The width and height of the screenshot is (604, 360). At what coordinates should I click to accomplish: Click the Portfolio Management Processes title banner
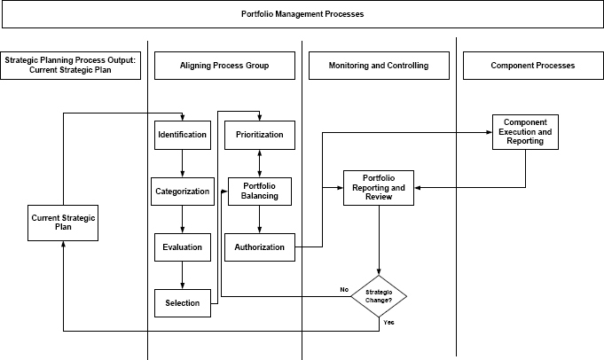point(302,15)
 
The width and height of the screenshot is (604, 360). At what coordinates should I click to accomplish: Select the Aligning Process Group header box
point(224,66)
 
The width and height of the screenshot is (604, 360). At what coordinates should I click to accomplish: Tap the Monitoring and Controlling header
point(378,66)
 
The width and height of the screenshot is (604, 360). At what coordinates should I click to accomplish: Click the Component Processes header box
point(532,66)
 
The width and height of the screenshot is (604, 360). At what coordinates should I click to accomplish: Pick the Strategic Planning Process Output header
point(70,66)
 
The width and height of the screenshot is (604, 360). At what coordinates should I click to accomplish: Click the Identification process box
point(182,135)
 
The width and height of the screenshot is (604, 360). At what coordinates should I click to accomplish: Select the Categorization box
point(182,191)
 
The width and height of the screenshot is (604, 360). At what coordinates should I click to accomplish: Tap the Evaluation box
point(182,247)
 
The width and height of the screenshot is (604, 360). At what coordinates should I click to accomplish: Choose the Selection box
point(182,303)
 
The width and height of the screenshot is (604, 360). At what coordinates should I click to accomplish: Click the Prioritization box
point(259,135)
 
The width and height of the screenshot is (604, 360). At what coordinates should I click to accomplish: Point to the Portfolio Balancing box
point(259,191)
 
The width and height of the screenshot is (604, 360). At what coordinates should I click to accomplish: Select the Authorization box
point(259,247)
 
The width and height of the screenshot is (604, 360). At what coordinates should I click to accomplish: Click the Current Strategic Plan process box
point(63,223)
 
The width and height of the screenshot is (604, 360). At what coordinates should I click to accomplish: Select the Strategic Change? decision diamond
point(379,296)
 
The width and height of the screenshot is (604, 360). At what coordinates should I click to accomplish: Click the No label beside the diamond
point(344,290)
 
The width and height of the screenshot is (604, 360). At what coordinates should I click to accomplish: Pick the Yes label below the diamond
point(388,322)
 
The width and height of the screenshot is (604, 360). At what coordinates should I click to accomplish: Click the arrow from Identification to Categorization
point(182,162)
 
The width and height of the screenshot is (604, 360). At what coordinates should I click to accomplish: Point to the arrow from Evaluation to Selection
point(182,276)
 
